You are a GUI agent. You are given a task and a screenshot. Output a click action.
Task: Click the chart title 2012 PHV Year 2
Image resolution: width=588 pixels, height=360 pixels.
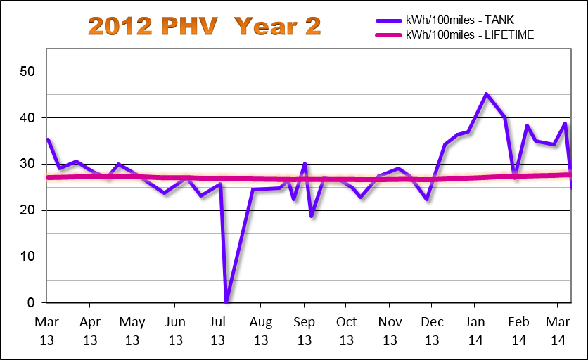click(x=205, y=26)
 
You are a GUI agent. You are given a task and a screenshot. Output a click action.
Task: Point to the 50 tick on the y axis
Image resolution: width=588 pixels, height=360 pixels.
click(x=28, y=72)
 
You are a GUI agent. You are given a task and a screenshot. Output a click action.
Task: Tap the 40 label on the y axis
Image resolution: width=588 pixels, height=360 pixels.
click(x=28, y=118)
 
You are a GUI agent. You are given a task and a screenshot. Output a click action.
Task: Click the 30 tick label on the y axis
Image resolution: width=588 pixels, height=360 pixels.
click(x=28, y=164)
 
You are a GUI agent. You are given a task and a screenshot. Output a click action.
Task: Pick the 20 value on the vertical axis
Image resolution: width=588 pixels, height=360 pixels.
click(x=28, y=210)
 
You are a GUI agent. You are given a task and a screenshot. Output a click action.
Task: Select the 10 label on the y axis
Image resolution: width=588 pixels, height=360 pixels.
click(x=28, y=257)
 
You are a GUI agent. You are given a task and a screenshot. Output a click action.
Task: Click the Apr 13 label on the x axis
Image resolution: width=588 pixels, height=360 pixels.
click(x=89, y=330)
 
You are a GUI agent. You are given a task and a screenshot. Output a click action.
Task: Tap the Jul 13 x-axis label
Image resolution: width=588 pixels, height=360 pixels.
click(x=217, y=330)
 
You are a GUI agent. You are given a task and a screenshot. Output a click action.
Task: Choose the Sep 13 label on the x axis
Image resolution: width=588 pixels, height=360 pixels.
click(x=303, y=330)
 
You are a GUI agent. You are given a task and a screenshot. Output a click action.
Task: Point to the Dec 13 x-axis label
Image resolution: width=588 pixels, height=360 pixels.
click(x=432, y=330)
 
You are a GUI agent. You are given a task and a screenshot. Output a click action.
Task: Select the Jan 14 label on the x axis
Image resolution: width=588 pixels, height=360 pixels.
click(x=475, y=330)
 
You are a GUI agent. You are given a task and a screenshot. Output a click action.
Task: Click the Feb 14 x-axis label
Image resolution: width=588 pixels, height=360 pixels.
click(x=518, y=330)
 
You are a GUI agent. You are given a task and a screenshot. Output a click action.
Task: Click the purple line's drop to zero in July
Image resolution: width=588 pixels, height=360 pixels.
click(x=226, y=302)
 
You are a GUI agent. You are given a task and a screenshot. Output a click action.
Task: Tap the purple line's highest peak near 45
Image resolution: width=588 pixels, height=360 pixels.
click(x=486, y=94)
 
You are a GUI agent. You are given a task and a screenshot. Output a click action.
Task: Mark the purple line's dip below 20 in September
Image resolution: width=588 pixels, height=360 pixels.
click(x=312, y=216)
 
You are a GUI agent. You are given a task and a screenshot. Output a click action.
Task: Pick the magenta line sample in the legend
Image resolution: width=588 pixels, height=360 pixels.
click(x=384, y=34)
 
